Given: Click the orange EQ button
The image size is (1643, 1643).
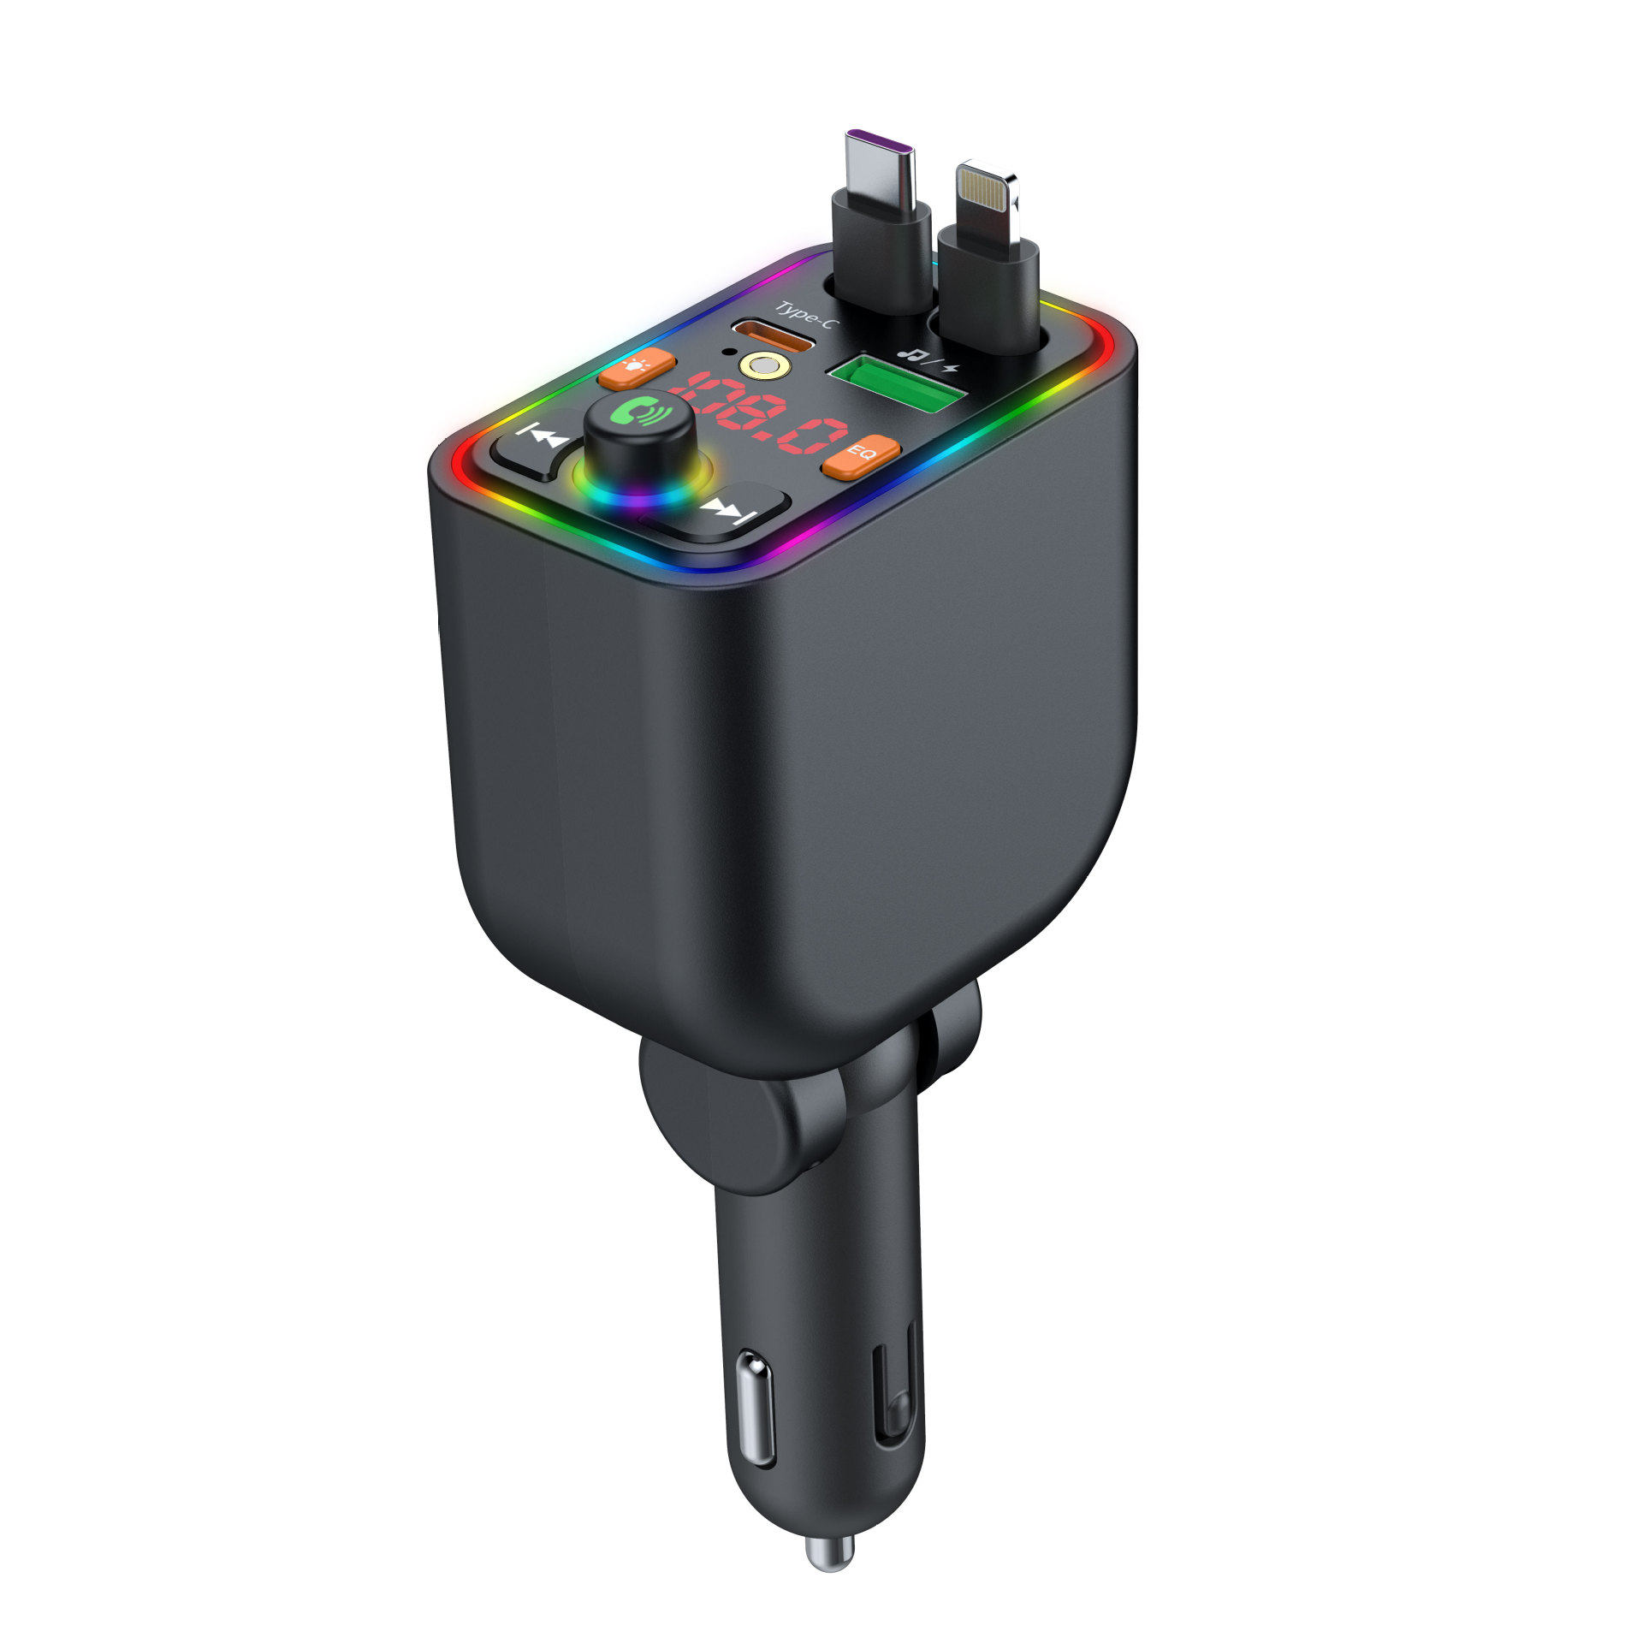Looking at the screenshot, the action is coord(861,457).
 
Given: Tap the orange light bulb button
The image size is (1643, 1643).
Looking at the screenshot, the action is coord(637,368).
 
